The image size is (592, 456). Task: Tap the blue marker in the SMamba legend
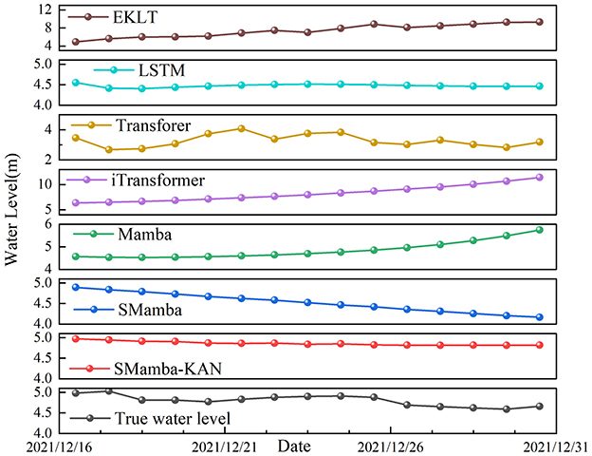(93, 309)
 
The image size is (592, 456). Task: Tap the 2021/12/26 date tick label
(390, 445)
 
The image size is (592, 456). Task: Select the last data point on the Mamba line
(539, 230)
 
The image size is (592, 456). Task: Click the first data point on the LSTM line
(76, 83)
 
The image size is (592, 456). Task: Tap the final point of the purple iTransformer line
(539, 177)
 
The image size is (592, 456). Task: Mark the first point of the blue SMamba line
(76, 287)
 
